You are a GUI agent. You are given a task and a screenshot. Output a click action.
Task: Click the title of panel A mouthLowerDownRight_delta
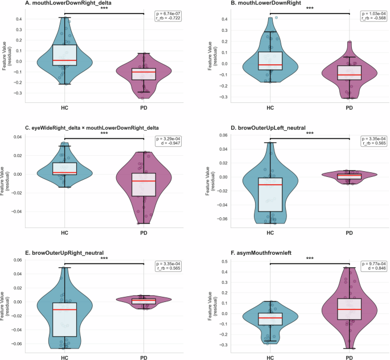point(68,3)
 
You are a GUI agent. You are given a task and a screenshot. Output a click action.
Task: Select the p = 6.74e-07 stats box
point(168,16)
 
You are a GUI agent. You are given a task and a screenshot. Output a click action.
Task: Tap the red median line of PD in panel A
point(144,72)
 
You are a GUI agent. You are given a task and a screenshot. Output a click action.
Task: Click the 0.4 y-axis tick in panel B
point(224,19)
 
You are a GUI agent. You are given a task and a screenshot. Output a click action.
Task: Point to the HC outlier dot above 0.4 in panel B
point(276,18)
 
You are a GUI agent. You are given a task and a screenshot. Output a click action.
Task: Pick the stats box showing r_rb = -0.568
point(373,16)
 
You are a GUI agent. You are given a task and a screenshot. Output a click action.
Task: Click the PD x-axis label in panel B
point(349,108)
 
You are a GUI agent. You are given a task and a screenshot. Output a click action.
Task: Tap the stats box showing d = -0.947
point(168,141)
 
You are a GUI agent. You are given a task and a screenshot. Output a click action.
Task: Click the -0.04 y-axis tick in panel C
point(18,212)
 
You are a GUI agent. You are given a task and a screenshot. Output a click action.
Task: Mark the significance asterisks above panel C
point(104,134)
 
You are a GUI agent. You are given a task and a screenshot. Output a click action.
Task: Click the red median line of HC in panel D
point(270,185)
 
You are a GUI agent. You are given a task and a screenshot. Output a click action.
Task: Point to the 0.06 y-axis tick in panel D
point(223,135)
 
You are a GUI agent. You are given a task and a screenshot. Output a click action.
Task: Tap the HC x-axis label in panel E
point(64,358)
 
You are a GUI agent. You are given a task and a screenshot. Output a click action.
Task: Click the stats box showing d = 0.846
point(373,266)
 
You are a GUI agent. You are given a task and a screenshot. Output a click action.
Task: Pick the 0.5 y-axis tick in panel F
point(224,262)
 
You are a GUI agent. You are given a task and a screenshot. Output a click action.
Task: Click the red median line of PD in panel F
point(349,309)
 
